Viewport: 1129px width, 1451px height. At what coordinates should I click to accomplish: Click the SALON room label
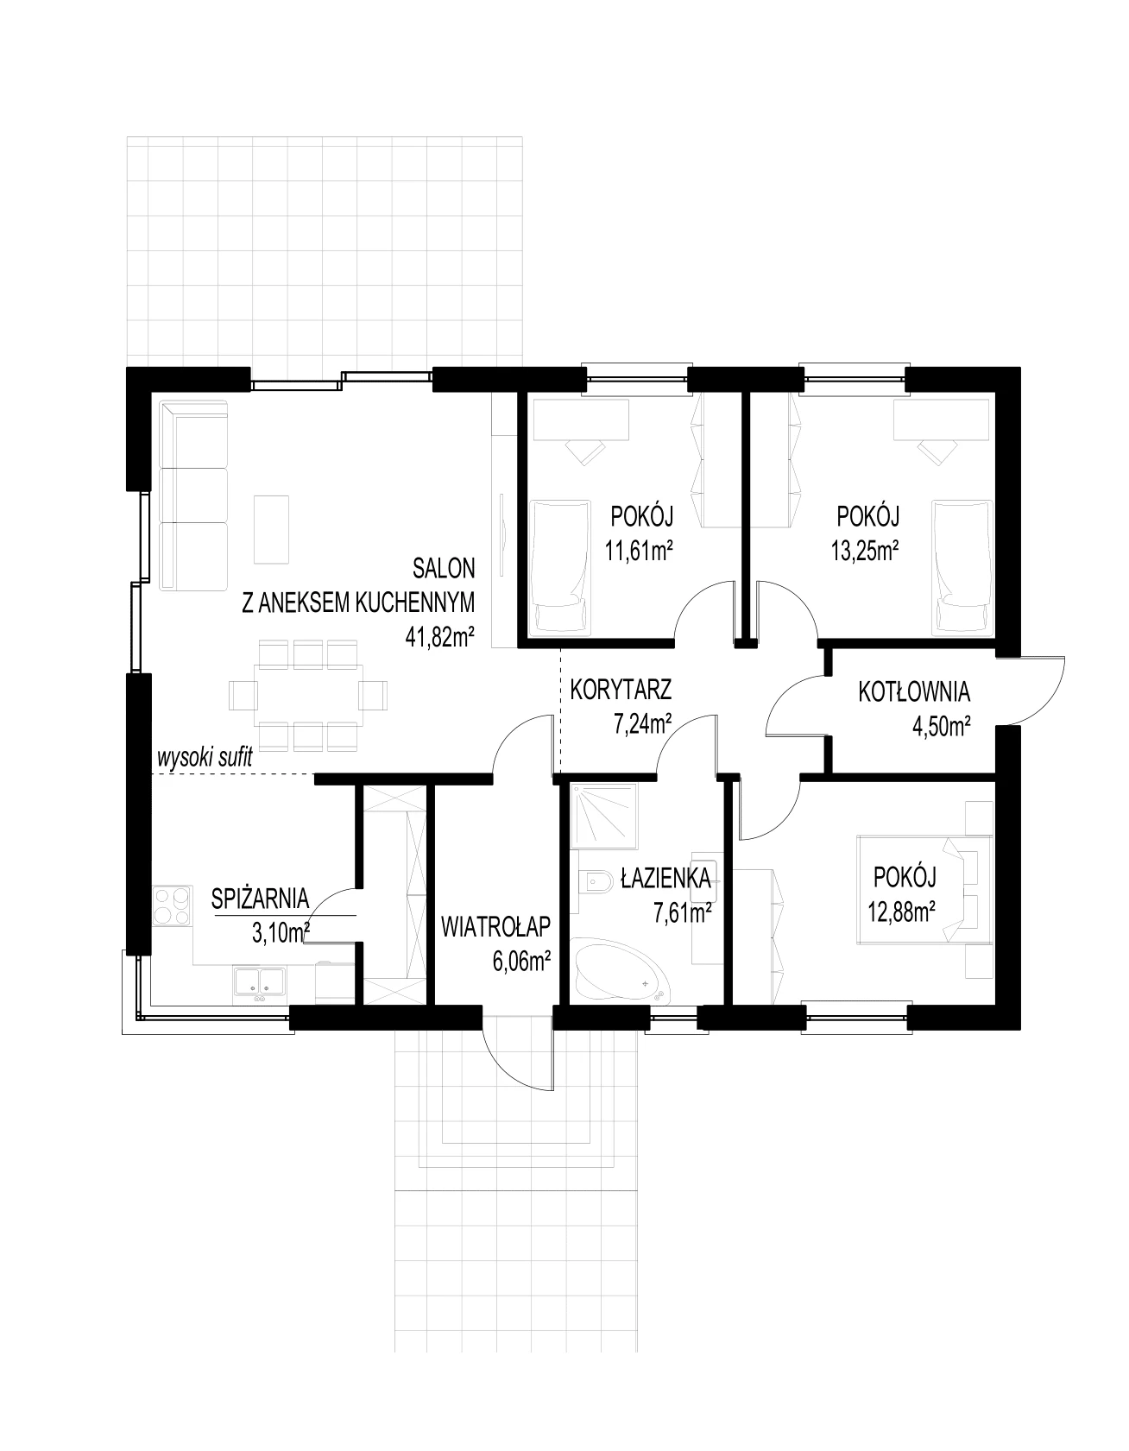pyautogui.click(x=444, y=568)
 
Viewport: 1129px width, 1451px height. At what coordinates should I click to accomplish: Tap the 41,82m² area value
pyautogui.click(x=440, y=637)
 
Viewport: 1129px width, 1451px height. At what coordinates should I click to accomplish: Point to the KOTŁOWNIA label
pyautogui.click(x=914, y=692)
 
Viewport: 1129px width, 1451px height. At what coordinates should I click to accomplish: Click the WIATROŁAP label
pyautogui.click(x=495, y=927)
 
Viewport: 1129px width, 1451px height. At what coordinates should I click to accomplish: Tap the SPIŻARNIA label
pyautogui.click(x=260, y=898)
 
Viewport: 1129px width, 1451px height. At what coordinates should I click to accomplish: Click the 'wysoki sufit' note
pyautogui.click(x=205, y=759)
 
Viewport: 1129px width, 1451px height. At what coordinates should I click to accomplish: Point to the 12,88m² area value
pyautogui.click(x=904, y=911)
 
